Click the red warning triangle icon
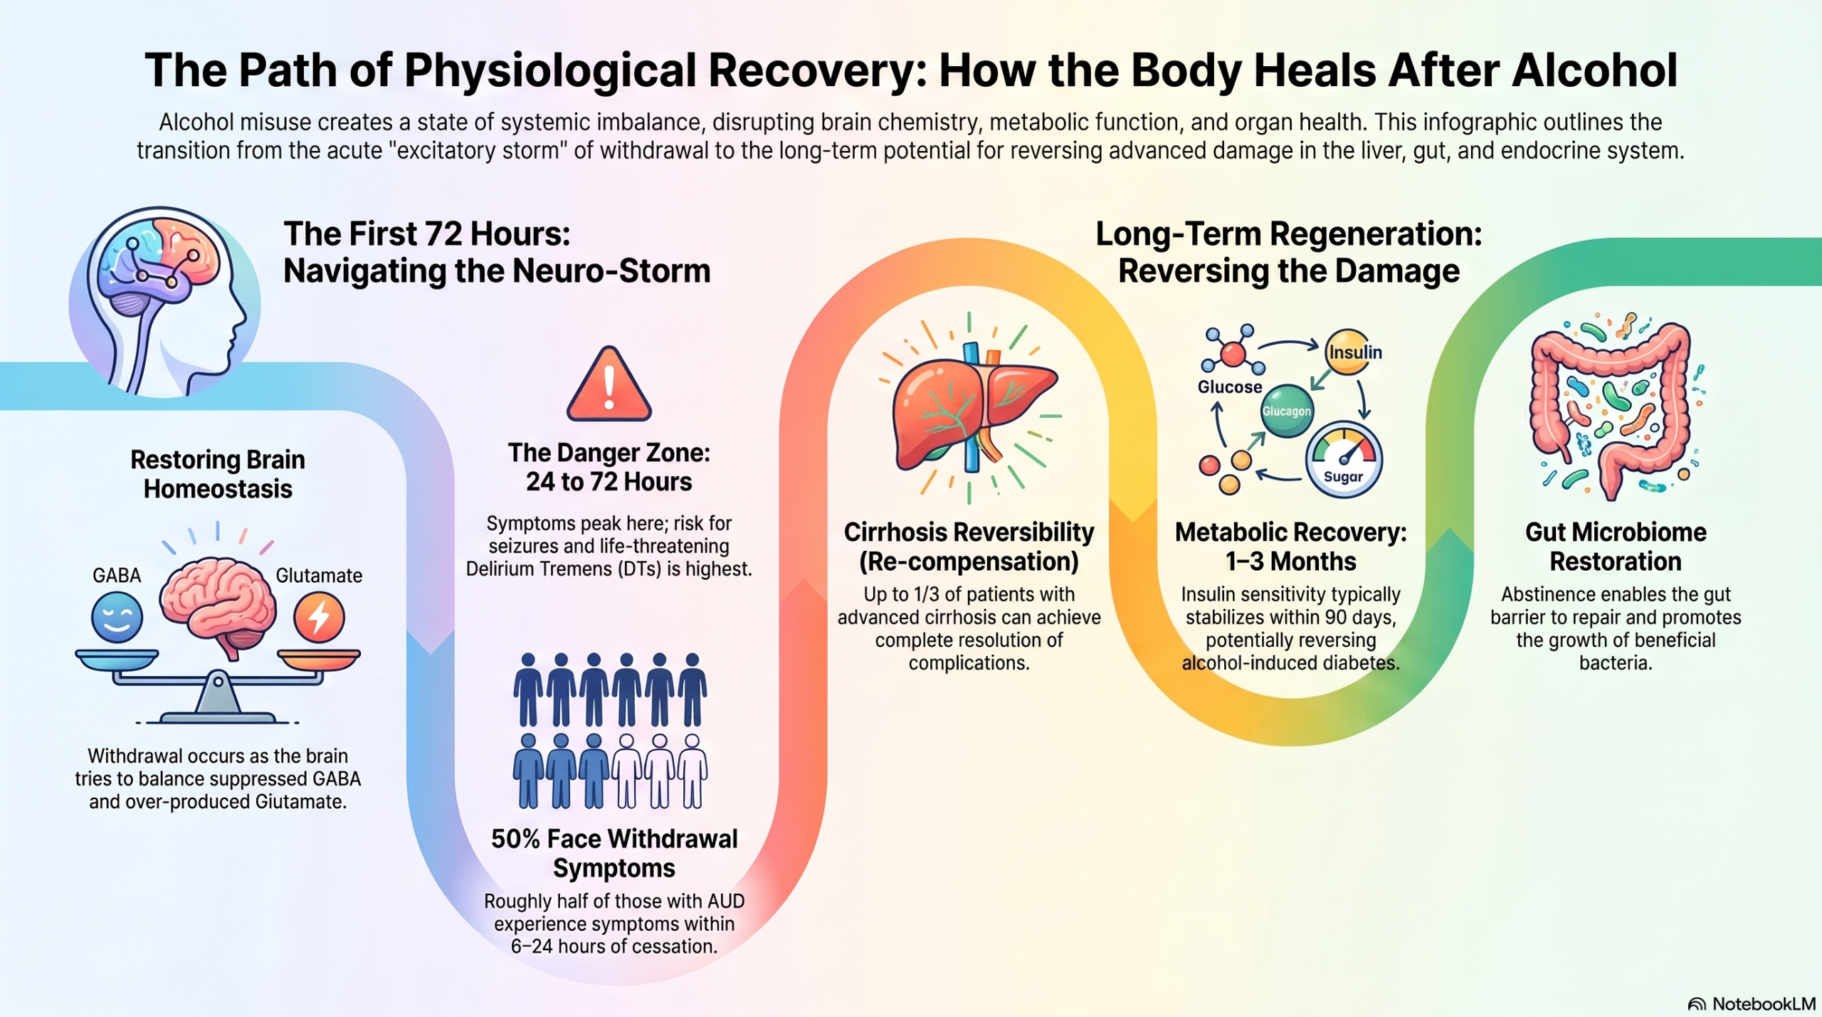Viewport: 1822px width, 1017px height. (609, 385)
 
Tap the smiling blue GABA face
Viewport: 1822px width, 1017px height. (117, 617)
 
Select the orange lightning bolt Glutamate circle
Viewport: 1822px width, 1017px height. (319, 617)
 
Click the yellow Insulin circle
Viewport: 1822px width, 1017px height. (1349, 352)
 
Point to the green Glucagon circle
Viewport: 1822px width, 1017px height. (1287, 411)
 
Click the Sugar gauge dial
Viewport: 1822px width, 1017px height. (1344, 459)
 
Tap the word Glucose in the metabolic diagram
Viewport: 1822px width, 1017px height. (1230, 387)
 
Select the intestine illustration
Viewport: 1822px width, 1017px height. (1610, 409)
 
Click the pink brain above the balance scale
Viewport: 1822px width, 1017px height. (218, 605)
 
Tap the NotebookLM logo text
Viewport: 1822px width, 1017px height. (1764, 1003)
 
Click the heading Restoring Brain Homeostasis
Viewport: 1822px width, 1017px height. (218, 474)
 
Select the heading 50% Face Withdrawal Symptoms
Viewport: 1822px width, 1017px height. (614, 853)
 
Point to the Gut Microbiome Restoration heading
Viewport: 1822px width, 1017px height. (1616, 547)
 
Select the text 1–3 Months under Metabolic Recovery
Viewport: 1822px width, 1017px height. (1290, 562)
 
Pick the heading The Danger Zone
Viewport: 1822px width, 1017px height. (609, 453)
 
